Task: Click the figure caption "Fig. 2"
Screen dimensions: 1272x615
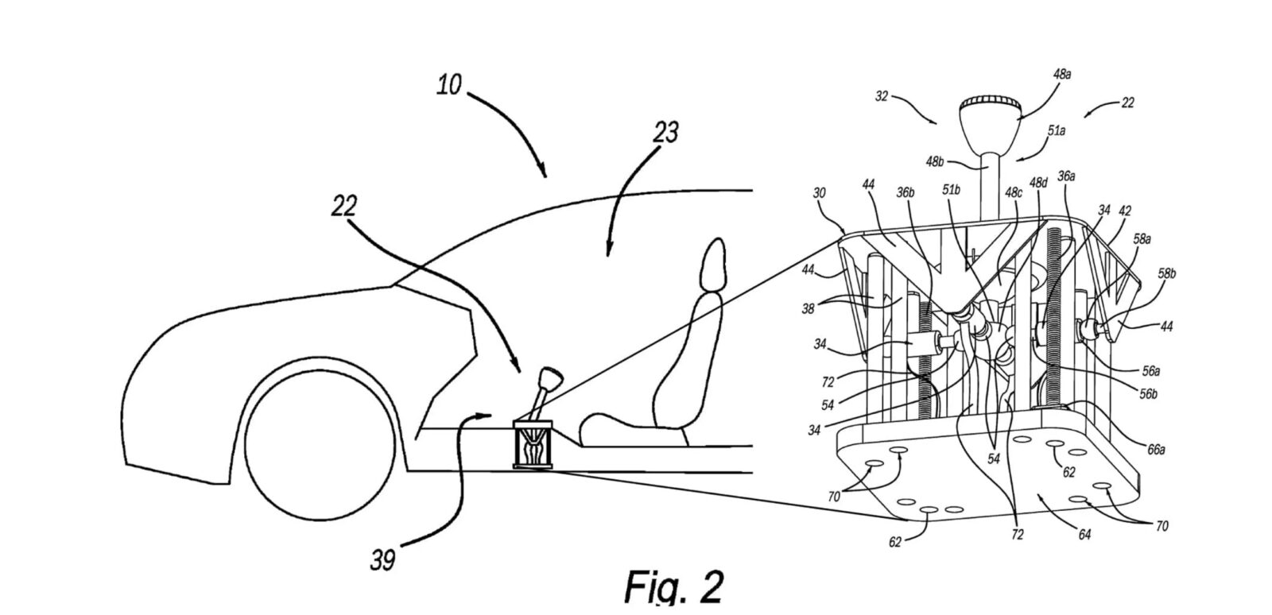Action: [673, 588]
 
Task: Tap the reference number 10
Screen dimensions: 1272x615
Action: [449, 85]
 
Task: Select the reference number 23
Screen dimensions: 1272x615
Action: [665, 132]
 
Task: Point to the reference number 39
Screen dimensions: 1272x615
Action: [382, 560]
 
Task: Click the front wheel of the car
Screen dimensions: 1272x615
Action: [320, 446]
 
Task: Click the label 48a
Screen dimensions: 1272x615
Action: [1062, 75]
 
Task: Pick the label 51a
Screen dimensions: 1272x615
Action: [1057, 130]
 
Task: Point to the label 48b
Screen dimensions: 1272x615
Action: [935, 161]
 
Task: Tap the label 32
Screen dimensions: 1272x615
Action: [882, 96]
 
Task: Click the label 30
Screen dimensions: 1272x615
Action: [819, 193]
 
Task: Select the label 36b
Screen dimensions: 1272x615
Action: [906, 192]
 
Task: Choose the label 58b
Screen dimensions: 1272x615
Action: [1167, 273]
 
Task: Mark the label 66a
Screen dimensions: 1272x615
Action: [1156, 450]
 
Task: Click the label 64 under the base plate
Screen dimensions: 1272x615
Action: [1084, 535]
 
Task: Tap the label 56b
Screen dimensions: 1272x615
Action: [1148, 394]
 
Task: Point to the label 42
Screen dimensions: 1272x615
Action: [1125, 211]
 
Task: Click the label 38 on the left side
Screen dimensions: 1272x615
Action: [808, 308]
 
